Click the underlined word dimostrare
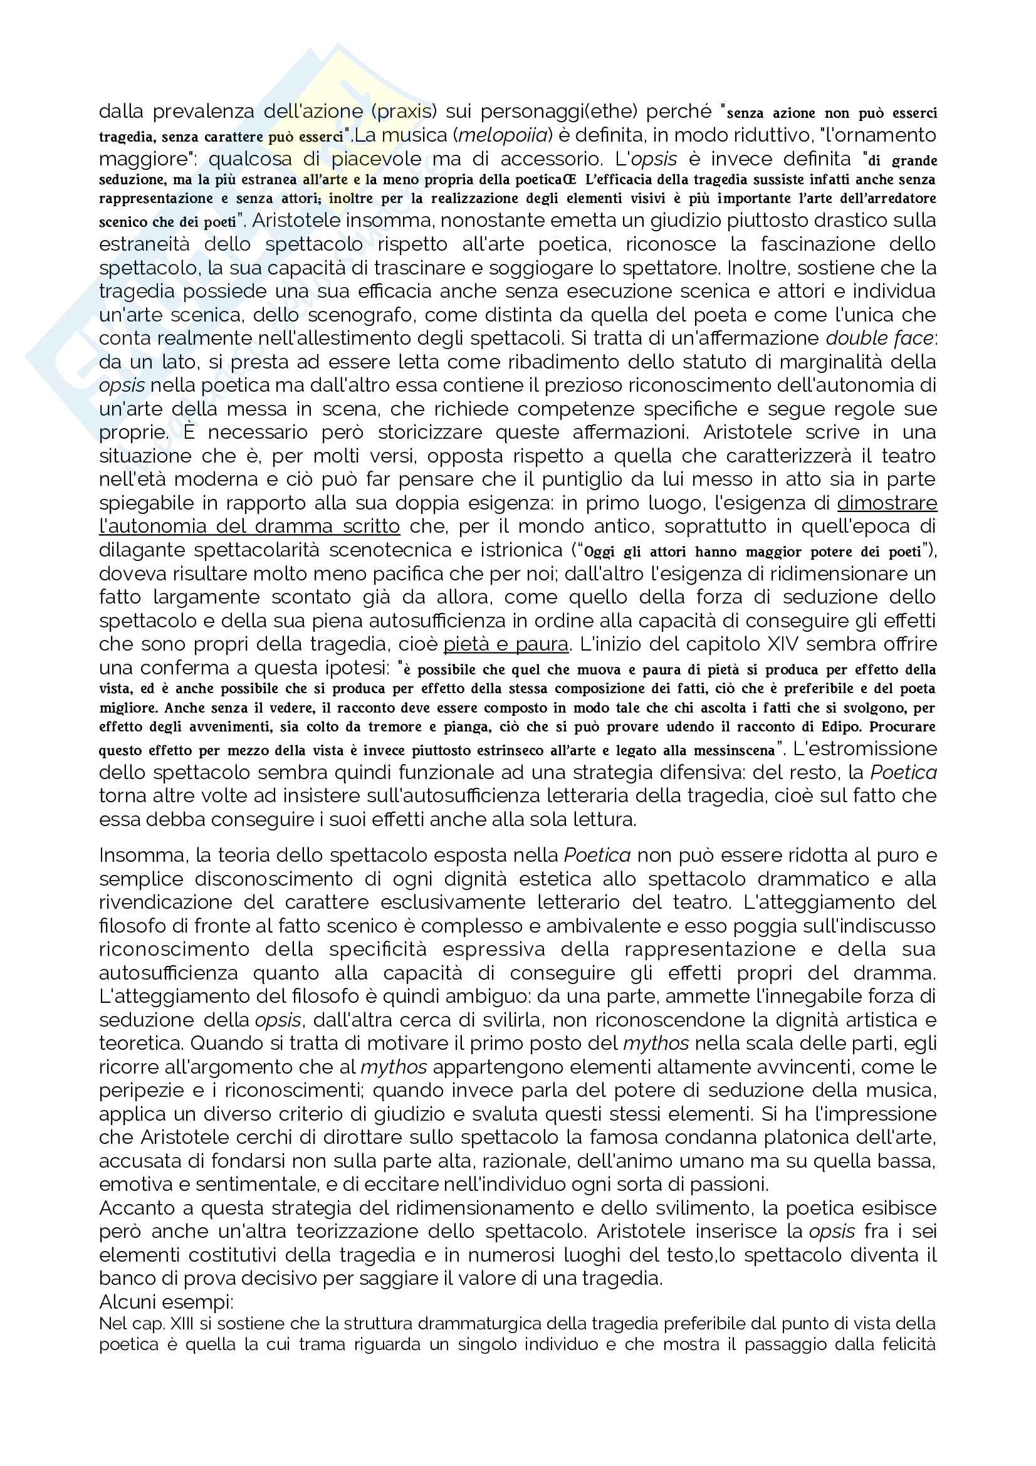[x=887, y=503]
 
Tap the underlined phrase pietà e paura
[x=506, y=644]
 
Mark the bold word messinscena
[x=734, y=750]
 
